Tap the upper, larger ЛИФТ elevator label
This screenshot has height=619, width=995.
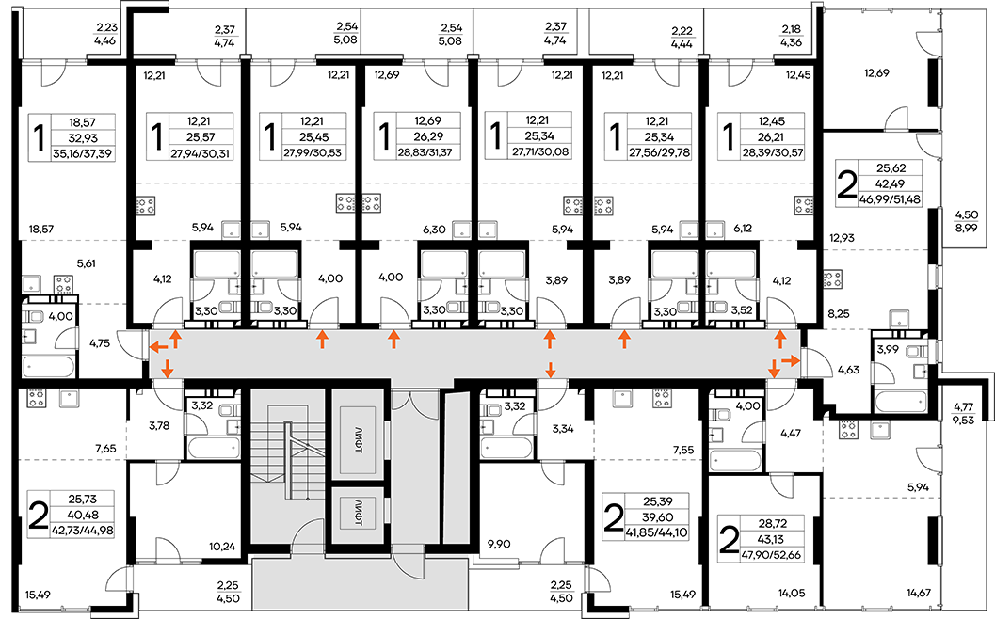tap(359, 439)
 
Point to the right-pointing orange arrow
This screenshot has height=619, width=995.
tap(790, 360)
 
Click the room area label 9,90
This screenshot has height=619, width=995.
tap(500, 544)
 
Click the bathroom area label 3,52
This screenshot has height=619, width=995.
tap(741, 310)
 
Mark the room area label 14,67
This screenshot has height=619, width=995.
tap(918, 593)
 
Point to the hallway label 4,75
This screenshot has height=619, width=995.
tap(100, 343)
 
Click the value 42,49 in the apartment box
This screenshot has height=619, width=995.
tap(891, 184)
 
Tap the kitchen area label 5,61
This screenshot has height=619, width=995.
tap(86, 263)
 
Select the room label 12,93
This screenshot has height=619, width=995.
tap(842, 238)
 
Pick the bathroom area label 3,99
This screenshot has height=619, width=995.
tap(888, 348)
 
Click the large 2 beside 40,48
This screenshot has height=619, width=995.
tap(39, 516)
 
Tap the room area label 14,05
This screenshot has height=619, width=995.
tap(792, 593)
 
